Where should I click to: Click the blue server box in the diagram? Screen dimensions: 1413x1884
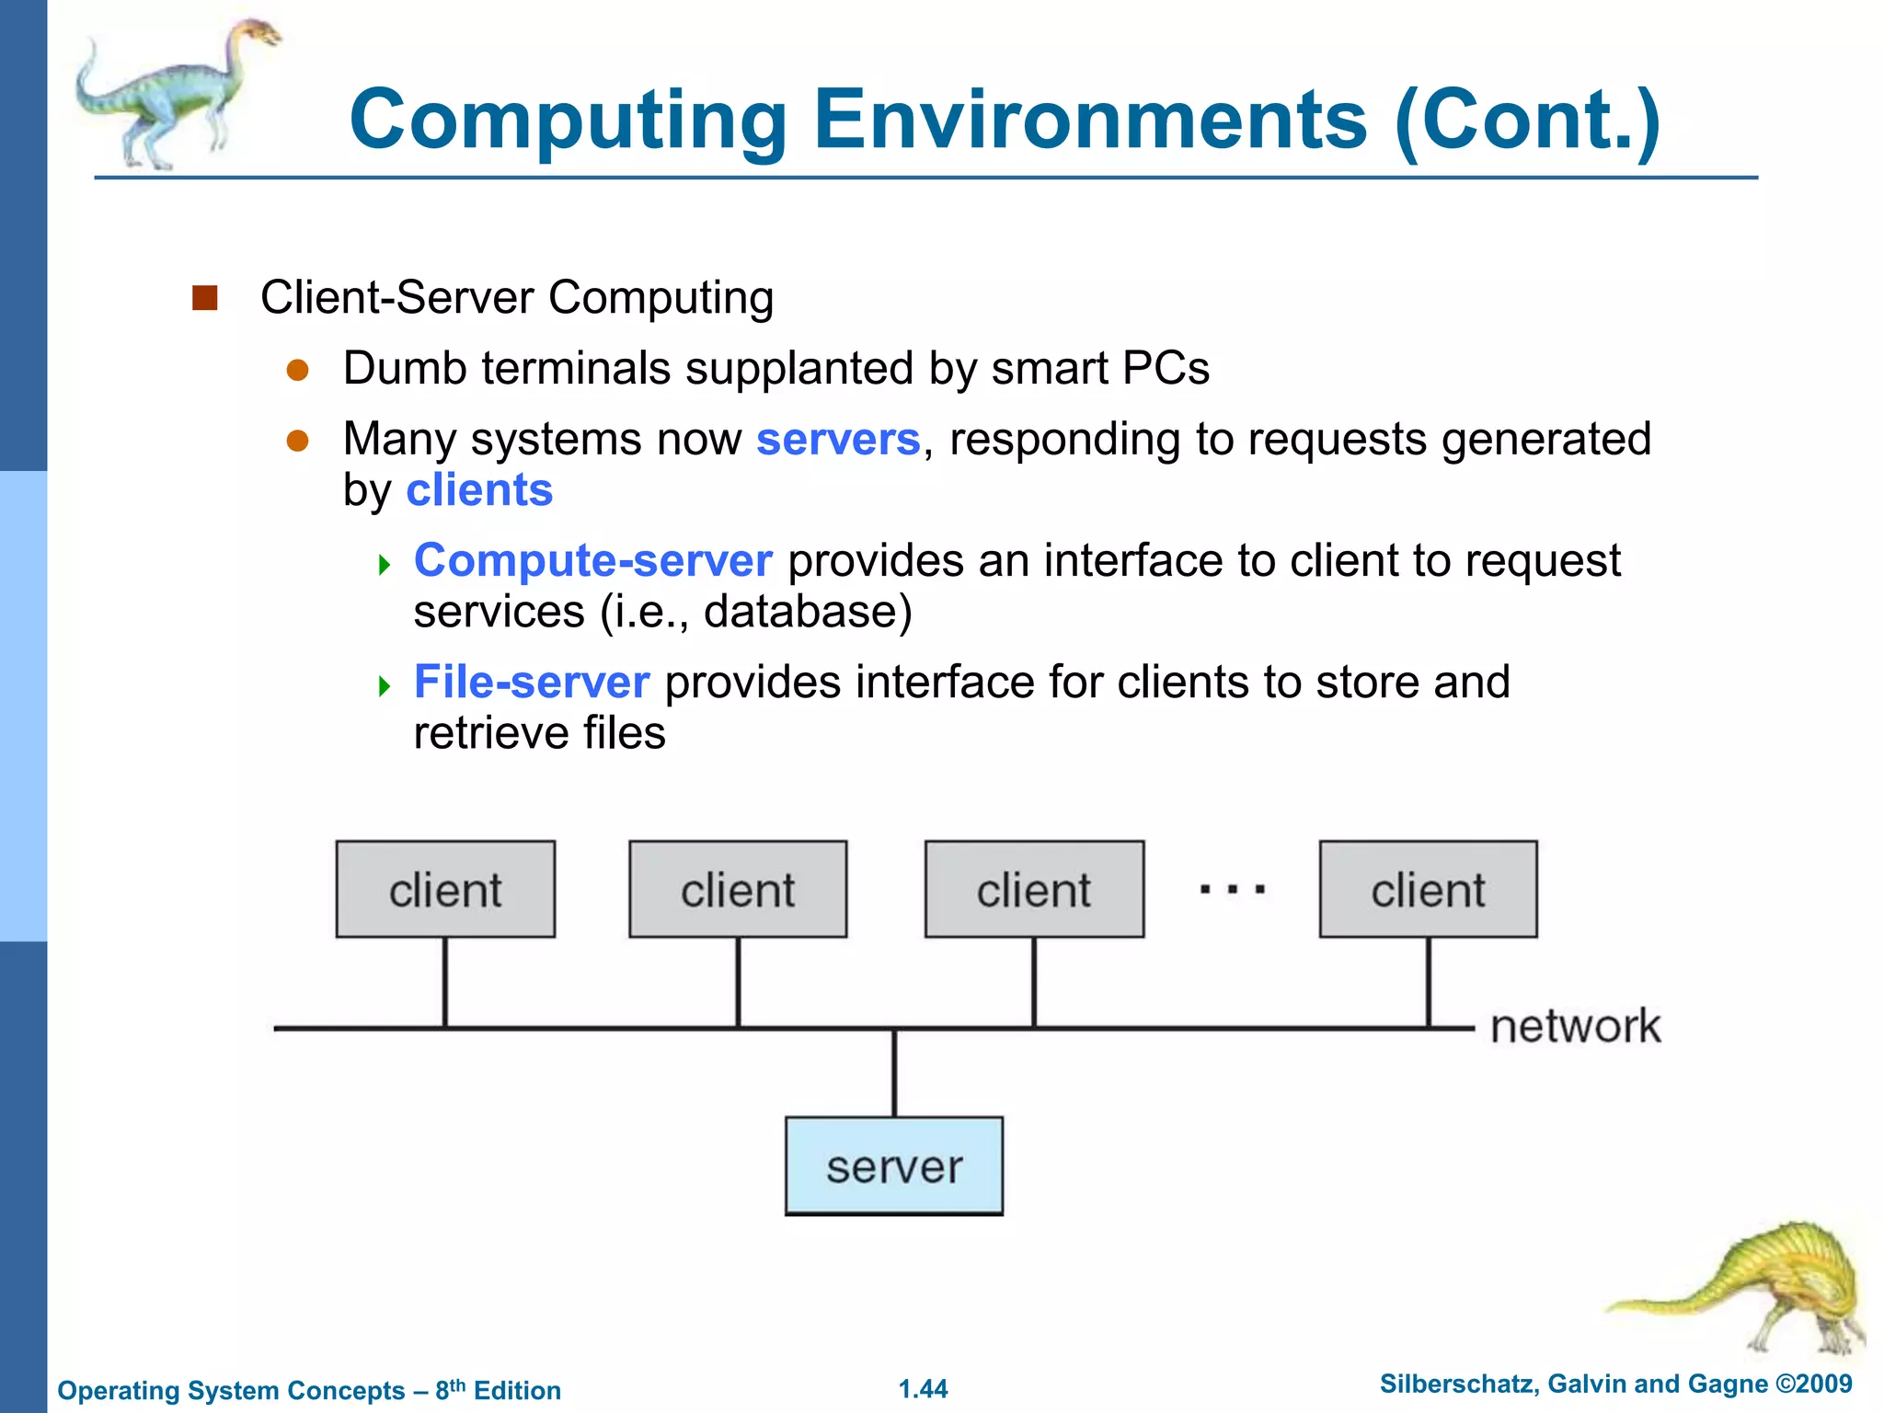click(893, 1166)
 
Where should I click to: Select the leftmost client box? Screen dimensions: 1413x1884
click(445, 890)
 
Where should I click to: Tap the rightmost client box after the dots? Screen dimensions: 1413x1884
click(1428, 890)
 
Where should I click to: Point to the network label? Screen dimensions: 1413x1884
click(1575, 1026)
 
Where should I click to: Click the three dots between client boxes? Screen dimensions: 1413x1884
click(1232, 890)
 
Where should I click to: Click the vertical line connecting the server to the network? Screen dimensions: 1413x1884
click(894, 1073)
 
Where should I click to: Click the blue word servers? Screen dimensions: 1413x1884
click(837, 440)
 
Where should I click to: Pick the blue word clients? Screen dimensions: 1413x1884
click(479, 490)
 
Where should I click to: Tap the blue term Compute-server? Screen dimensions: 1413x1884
click(592, 561)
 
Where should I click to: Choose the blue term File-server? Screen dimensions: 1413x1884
click(532, 683)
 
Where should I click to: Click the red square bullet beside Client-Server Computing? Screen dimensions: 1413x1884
click(204, 298)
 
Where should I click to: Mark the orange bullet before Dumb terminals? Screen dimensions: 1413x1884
click(297, 370)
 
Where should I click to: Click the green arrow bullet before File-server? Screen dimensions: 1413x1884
click(385, 685)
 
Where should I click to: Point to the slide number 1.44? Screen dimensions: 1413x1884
click(923, 1389)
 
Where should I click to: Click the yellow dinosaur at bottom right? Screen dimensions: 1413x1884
click(1766, 1288)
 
